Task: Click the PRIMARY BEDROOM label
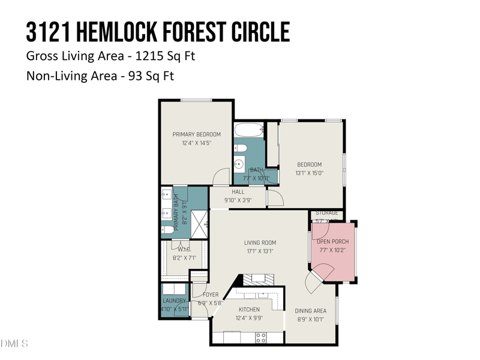tap(196, 134)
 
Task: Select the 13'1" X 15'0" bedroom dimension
tap(310, 173)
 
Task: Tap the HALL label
tap(238, 192)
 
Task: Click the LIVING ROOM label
tap(259, 243)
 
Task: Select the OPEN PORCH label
tap(332, 242)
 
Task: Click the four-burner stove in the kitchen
tap(261, 337)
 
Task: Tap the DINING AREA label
tap(310, 311)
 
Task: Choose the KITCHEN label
tap(248, 310)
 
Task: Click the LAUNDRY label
tap(175, 301)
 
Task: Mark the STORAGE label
tap(327, 213)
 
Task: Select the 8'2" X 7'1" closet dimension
tap(184, 258)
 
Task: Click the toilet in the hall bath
tap(241, 148)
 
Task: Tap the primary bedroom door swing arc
tap(222, 175)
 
